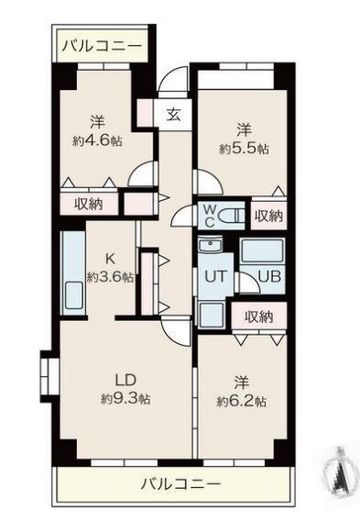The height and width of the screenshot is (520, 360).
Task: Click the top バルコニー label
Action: click(99, 45)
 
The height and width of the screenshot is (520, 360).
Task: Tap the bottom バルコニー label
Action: click(178, 483)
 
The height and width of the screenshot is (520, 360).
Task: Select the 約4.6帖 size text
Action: click(97, 140)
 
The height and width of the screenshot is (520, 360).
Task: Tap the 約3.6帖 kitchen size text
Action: click(108, 277)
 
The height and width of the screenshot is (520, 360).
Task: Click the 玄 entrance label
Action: click(174, 114)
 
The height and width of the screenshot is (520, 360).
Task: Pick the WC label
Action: click(211, 215)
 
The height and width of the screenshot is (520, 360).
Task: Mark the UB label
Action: click(267, 277)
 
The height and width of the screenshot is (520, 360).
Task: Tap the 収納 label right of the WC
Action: click(267, 215)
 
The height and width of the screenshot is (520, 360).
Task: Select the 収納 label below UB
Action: click(258, 316)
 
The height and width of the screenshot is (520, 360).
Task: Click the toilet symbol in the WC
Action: click(232, 215)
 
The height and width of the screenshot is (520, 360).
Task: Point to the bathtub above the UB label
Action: click(263, 250)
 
